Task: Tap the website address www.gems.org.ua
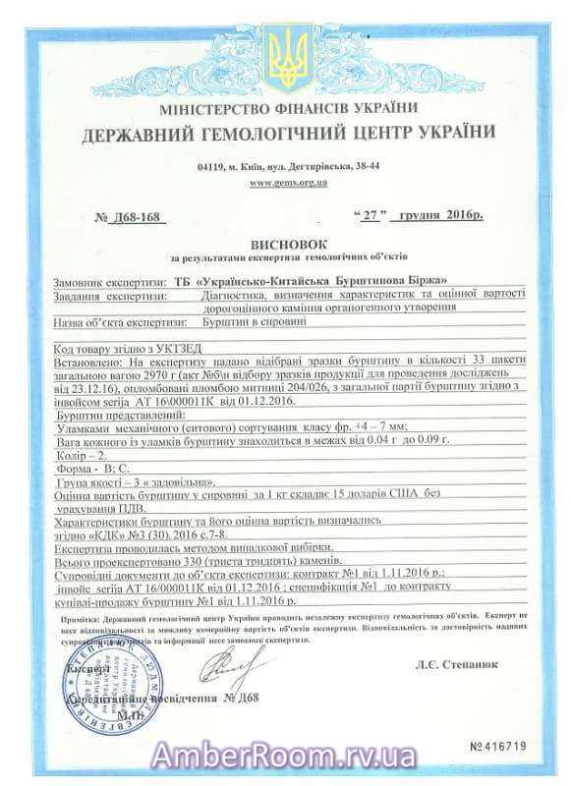pyautogui.click(x=288, y=183)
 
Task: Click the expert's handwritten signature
pyautogui.click(x=222, y=673)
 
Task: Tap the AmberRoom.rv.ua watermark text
pyautogui.click(x=285, y=758)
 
